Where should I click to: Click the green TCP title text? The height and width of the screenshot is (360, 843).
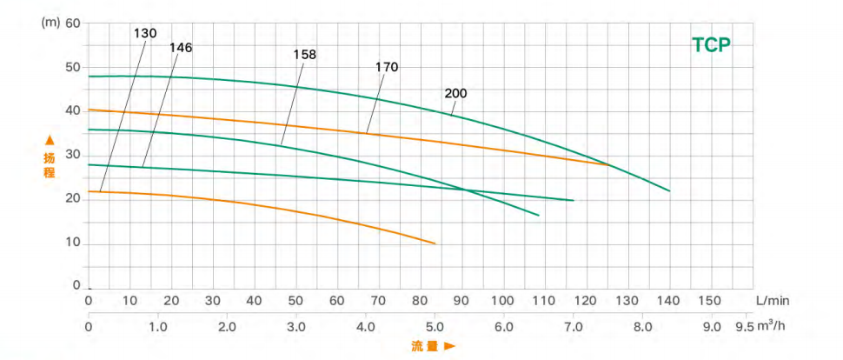pos(712,45)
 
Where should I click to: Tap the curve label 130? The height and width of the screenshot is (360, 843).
pos(145,33)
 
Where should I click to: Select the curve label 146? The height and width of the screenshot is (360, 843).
pos(181,47)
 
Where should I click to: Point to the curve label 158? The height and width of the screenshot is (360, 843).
pos(304,54)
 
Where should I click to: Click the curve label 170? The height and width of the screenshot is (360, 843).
pos(387,66)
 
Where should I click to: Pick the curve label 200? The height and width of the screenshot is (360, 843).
pos(455,93)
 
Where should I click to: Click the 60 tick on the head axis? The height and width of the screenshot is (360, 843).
pos(72,23)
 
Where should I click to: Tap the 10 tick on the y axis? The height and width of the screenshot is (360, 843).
pos(72,243)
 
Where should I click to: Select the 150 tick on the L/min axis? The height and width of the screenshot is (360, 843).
pos(710,300)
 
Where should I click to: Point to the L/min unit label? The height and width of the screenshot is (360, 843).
pos(773,300)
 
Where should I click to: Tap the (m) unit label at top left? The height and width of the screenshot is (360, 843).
pos(49,22)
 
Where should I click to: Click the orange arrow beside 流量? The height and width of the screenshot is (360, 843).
pos(450,346)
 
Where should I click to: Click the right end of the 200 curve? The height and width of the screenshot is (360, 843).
pos(670,190)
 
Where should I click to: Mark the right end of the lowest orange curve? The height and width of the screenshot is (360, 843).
pos(435,243)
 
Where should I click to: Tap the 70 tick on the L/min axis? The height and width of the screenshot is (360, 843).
pos(378,300)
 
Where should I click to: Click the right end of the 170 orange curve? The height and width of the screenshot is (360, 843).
pos(610,165)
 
